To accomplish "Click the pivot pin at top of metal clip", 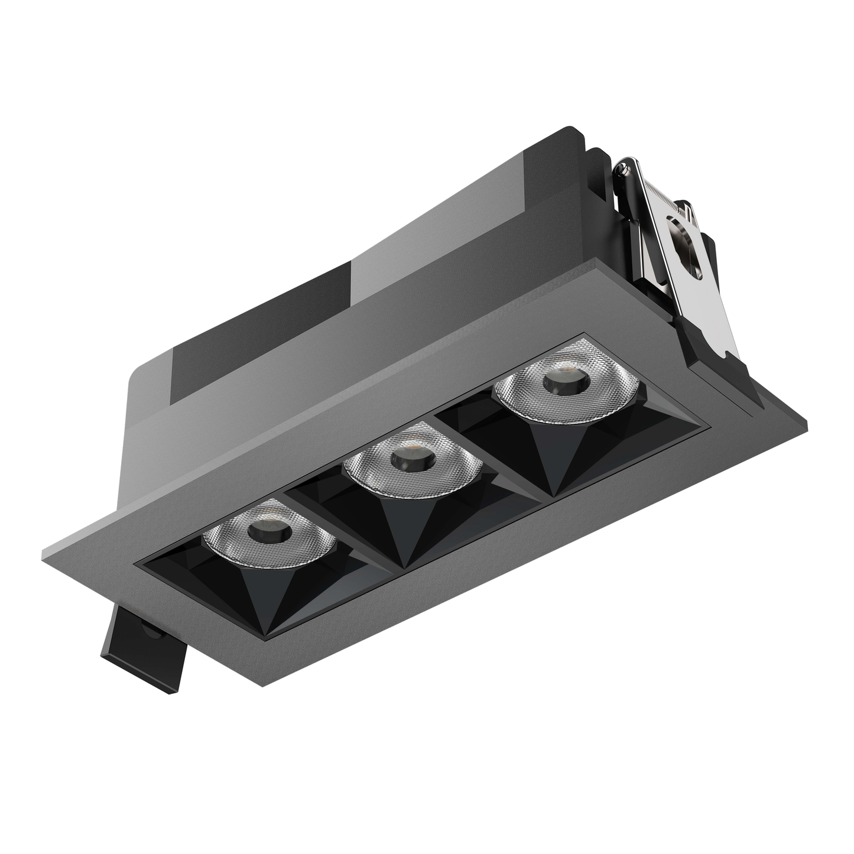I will pyautogui.click(x=621, y=171).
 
